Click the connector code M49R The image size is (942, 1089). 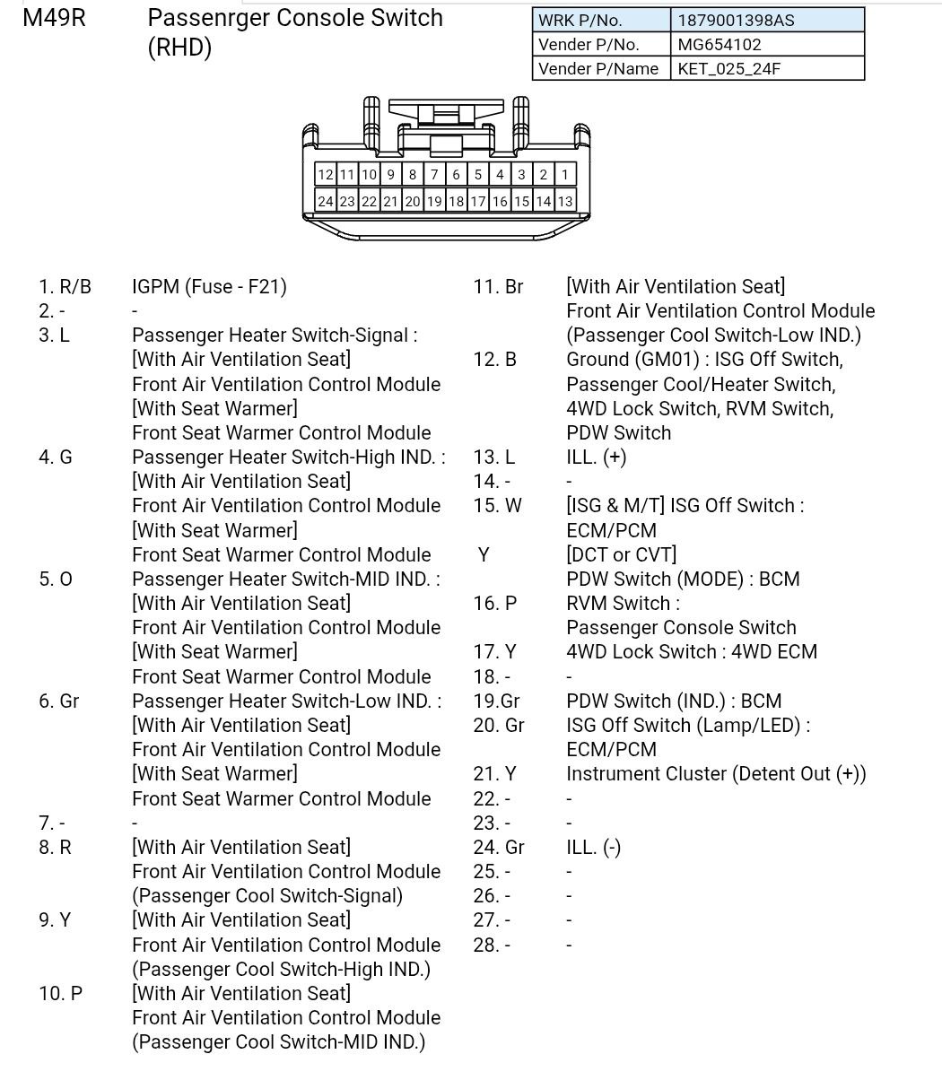coord(54,18)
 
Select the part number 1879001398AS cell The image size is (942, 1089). coord(767,20)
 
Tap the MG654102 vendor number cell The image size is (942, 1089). coord(767,44)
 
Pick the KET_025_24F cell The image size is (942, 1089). coord(767,68)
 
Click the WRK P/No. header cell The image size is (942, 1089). coord(601,20)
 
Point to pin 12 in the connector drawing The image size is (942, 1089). coord(325,175)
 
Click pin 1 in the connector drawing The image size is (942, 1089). coord(565,175)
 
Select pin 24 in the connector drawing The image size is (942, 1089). coord(325,202)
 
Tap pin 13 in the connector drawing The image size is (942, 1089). coord(565,202)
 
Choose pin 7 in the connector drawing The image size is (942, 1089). coord(434,175)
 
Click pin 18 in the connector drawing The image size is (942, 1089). coord(456,202)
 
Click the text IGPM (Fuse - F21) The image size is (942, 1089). coord(209,287)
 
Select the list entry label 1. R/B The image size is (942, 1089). coord(65,287)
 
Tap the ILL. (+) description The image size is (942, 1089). coord(596,457)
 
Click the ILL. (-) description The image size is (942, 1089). coord(593,848)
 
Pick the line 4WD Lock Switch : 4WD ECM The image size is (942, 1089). coord(692,652)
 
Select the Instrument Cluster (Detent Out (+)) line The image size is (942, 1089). coord(716,774)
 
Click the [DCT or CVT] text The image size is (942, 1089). coord(621,554)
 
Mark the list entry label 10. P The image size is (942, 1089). coord(60,994)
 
